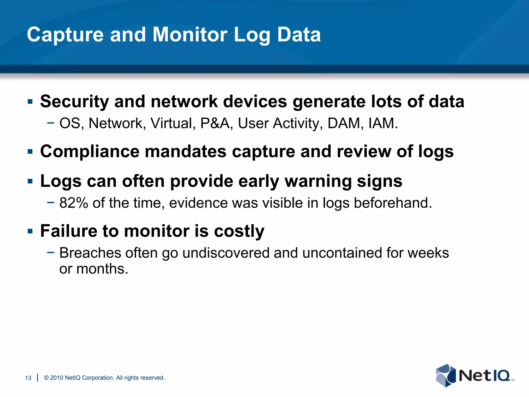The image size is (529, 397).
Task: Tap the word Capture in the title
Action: pyautogui.click(x=65, y=35)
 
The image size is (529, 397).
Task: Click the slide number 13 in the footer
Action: pyautogui.click(x=28, y=378)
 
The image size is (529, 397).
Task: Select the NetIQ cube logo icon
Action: pyautogui.click(x=446, y=375)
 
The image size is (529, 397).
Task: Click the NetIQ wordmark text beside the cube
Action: pyautogui.click(x=484, y=375)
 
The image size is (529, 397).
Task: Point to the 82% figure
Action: pyautogui.click(x=74, y=203)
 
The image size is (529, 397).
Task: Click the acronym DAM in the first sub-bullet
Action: pyautogui.click(x=344, y=123)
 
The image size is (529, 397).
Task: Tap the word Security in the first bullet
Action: pyautogui.click(x=74, y=102)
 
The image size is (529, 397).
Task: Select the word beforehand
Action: pyautogui.click(x=393, y=203)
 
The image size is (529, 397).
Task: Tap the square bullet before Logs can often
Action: pyautogui.click(x=30, y=181)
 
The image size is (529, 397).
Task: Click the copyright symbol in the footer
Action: pyautogui.click(x=46, y=378)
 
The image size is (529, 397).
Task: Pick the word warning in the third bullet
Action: pyautogui.click(x=318, y=181)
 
